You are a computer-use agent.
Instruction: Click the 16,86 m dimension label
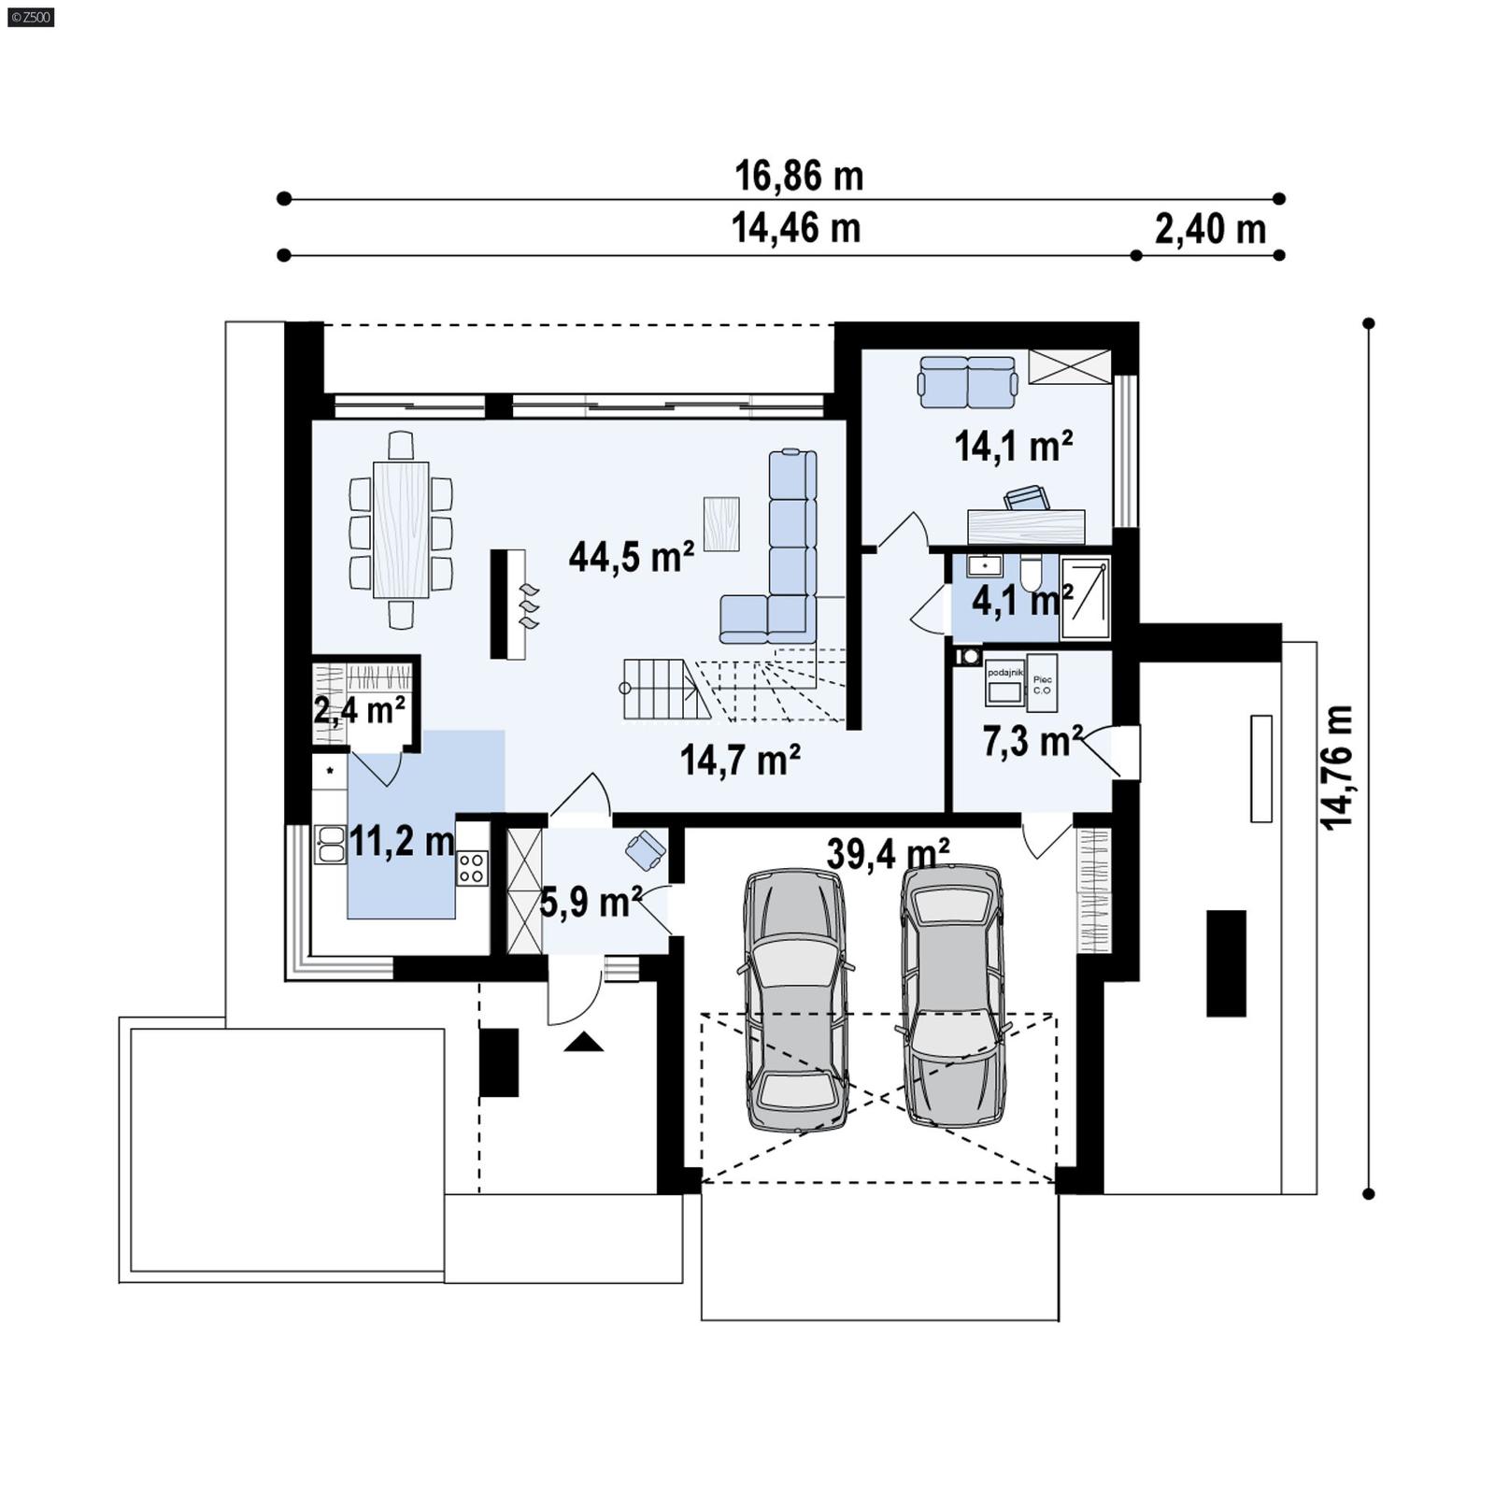coord(799,176)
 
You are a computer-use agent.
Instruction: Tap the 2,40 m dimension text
coord(1210,229)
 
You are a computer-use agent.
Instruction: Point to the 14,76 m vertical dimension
coord(1337,766)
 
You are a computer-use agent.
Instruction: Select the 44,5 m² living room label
coord(632,557)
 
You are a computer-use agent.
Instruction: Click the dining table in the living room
coord(401,529)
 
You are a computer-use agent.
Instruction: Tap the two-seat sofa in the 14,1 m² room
coord(968,382)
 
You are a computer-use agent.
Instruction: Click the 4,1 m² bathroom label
coord(1022,601)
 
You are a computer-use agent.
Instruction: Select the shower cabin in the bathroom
coord(1085,598)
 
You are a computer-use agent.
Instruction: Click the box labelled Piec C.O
coord(1042,684)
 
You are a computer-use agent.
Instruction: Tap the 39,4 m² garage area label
coord(888,854)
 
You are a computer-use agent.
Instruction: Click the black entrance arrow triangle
coord(584,1042)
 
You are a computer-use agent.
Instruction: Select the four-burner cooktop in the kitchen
coord(472,867)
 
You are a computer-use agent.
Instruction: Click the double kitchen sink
coord(329,844)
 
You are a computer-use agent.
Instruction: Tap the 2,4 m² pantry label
coord(359,711)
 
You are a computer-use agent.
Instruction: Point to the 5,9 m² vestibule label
coord(591,903)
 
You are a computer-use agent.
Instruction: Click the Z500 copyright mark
coord(30,16)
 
